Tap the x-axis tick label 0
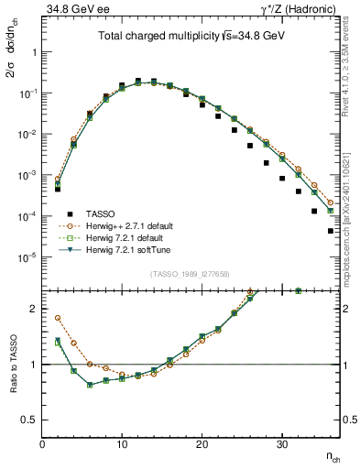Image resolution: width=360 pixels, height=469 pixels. [x=42, y=445]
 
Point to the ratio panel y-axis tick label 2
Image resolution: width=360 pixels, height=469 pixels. [x=33, y=309]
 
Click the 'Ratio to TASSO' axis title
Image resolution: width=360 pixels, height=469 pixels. [x=13, y=363]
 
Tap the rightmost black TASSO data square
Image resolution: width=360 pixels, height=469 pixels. [x=330, y=231]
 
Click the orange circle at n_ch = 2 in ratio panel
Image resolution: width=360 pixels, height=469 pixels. [x=58, y=318]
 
